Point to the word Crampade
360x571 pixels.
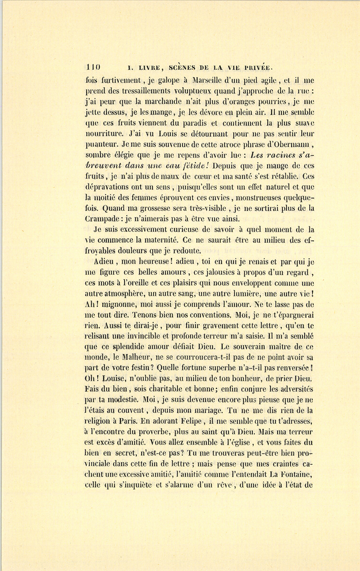[x=103, y=219]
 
